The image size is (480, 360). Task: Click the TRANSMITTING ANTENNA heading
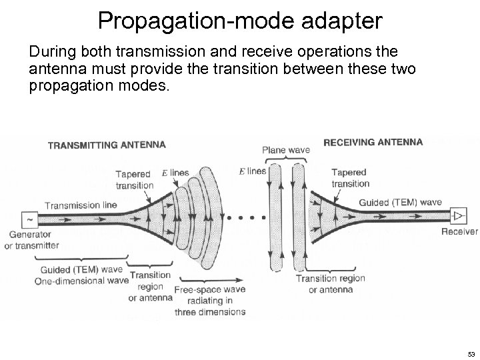tap(107, 144)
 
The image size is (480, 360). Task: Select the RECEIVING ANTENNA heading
tap(373, 141)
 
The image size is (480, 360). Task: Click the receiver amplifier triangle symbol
tap(459, 215)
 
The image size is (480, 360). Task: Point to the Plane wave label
tap(286, 150)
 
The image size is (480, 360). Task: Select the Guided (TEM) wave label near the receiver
tap(400, 202)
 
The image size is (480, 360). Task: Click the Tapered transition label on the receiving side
tap(350, 178)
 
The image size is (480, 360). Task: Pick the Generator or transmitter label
tap(34, 240)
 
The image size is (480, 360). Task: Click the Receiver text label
tap(459, 231)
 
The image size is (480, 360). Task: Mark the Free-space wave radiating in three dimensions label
tap(209, 301)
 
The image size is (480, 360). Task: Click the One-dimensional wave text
tap(81, 281)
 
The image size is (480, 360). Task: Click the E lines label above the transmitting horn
tap(175, 173)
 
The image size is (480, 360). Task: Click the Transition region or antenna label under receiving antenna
tap(330, 283)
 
